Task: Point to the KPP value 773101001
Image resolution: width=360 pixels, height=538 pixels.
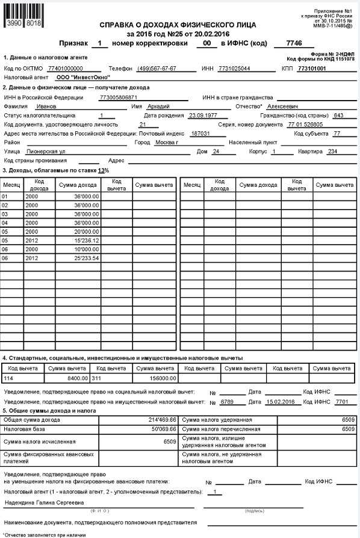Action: click(311, 69)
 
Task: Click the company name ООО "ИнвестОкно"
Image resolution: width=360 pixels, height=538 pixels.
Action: click(78, 78)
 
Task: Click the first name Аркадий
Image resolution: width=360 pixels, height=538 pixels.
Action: click(159, 105)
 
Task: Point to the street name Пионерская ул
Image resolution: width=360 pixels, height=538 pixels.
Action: click(63, 152)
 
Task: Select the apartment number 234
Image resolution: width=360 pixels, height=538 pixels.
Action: click(332, 152)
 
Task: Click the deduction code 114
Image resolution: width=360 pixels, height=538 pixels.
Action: click(8, 378)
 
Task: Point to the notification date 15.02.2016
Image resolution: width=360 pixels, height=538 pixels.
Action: click(279, 401)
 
